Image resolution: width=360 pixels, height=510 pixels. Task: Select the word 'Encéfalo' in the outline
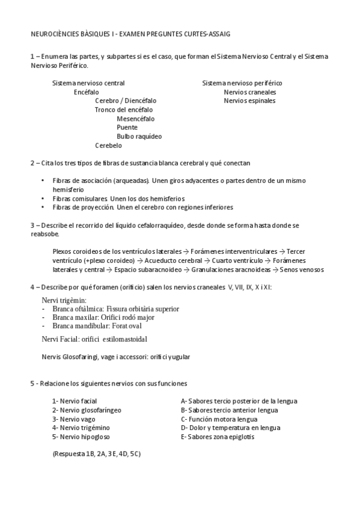click(x=87, y=92)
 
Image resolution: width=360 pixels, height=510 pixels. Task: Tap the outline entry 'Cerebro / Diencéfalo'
click(x=126, y=101)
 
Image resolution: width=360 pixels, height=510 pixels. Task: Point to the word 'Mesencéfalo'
click(x=135, y=118)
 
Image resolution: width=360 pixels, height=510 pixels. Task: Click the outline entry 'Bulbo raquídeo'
click(x=139, y=137)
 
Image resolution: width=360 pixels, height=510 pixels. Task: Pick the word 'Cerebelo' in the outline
click(x=108, y=146)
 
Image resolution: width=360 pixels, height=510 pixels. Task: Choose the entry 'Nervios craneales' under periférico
click(x=249, y=92)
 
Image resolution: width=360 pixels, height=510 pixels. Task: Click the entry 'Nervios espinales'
click(x=249, y=101)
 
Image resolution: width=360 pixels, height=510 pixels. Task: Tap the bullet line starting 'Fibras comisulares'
click(x=118, y=198)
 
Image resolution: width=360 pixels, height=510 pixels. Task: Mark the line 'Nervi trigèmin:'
click(x=64, y=300)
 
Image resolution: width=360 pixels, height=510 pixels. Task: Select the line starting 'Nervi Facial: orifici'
click(x=94, y=339)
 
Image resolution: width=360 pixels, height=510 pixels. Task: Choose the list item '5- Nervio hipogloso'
click(x=81, y=437)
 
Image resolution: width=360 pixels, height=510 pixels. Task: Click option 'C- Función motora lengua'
click(x=219, y=419)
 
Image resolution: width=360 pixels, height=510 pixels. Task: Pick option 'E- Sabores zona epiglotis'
click(x=218, y=437)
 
